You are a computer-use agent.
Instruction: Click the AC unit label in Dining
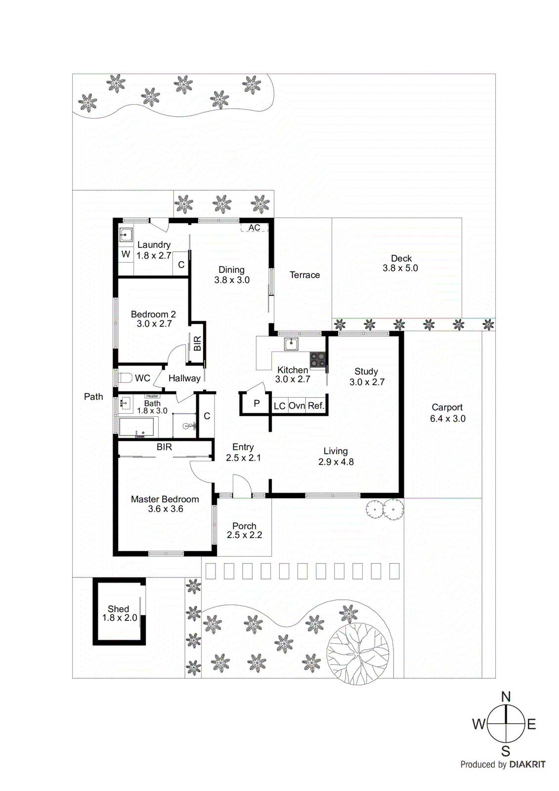click(254, 228)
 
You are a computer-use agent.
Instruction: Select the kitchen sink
click(291, 344)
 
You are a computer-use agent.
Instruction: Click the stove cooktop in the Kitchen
click(318, 360)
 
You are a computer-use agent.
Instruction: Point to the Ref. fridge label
click(316, 406)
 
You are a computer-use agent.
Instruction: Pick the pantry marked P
click(257, 403)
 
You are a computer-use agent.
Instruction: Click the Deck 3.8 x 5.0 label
click(401, 264)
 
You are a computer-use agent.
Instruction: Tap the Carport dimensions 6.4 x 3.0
click(447, 419)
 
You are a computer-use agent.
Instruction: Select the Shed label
click(118, 609)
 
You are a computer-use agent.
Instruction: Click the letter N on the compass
click(506, 697)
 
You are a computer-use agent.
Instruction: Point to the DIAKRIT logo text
click(527, 764)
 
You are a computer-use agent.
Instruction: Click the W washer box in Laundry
click(126, 254)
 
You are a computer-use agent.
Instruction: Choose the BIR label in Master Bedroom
click(165, 447)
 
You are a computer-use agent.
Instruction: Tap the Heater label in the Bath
click(152, 396)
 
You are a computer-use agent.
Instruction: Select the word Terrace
click(304, 275)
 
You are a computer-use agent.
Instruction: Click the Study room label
click(366, 372)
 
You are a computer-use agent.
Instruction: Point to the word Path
click(93, 396)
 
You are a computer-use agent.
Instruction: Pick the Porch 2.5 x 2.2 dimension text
click(244, 535)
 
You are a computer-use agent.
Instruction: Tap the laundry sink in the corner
click(126, 235)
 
